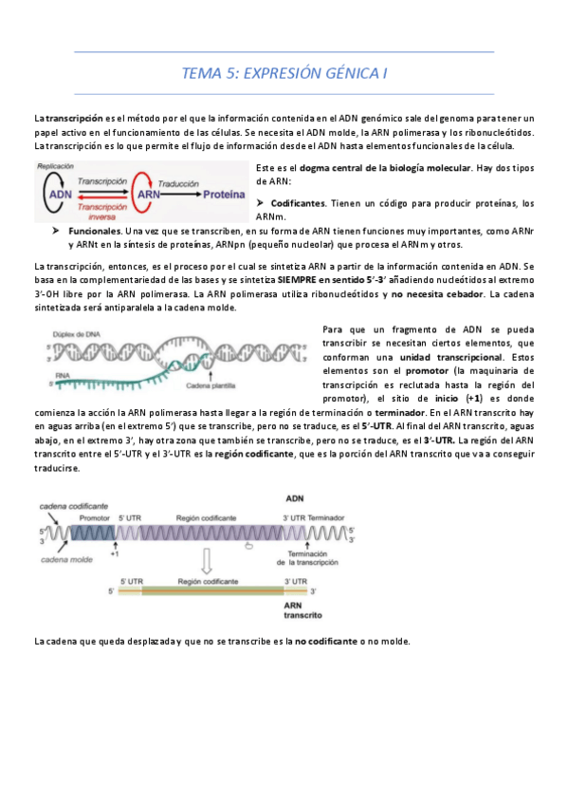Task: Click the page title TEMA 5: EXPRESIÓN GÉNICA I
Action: pos(284,73)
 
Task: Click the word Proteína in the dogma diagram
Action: pos(228,193)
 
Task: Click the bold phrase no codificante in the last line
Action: pos(325,641)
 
